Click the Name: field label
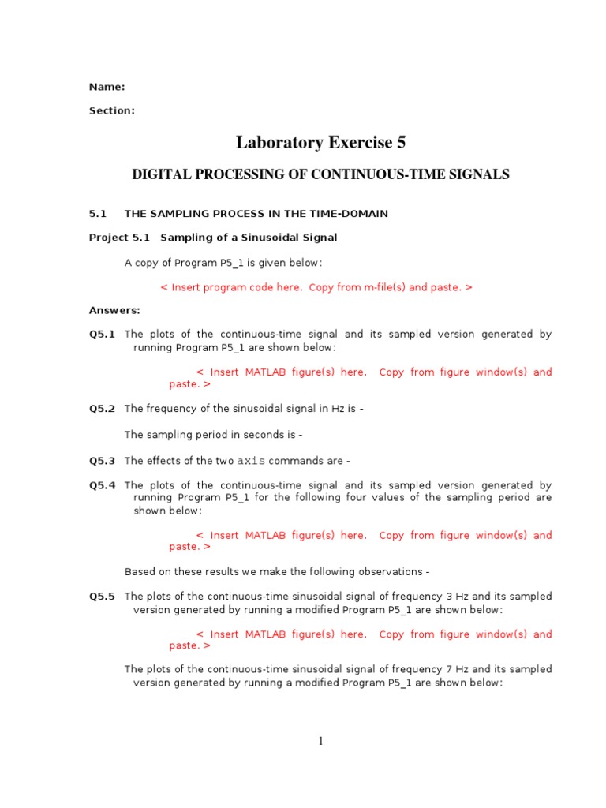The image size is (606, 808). [107, 88]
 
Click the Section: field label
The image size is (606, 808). [111, 111]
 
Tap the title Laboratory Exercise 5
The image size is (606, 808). [320, 143]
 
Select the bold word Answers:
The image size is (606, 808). [114, 311]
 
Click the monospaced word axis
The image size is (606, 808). [251, 462]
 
